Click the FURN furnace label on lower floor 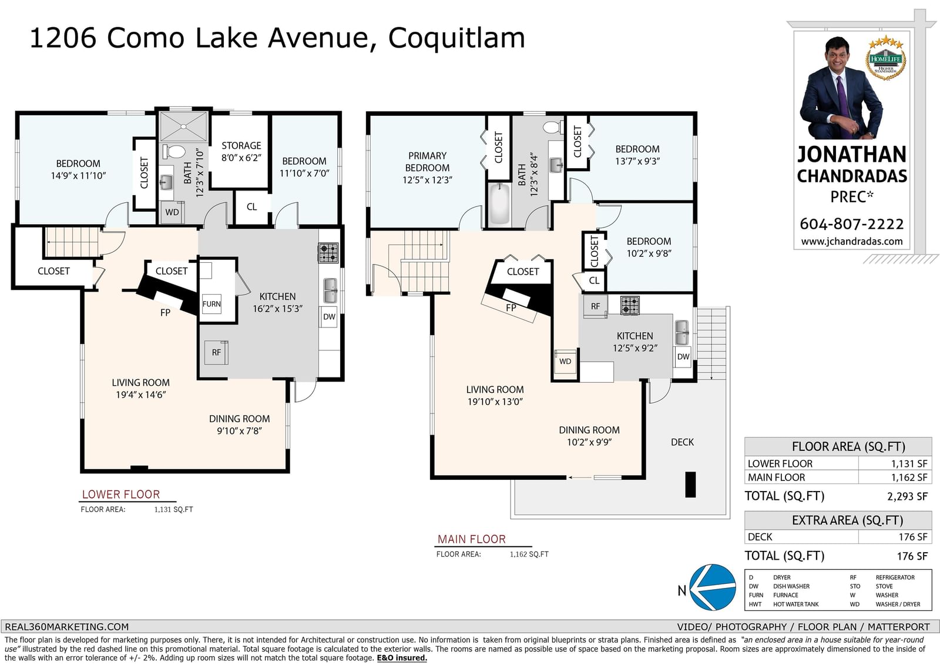[x=211, y=304]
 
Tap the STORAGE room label [x=241, y=145]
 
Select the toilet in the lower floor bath [x=174, y=151]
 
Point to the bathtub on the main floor [x=499, y=204]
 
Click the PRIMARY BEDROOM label [x=427, y=162]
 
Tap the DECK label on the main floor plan [x=682, y=442]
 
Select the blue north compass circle [x=713, y=587]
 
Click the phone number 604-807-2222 [x=851, y=224]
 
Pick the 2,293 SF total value [x=907, y=496]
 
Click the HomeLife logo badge [x=885, y=59]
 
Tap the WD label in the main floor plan [x=565, y=361]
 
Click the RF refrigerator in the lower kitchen [x=216, y=352]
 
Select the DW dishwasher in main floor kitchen [x=683, y=357]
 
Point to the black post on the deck [x=690, y=484]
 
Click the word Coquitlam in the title [x=456, y=38]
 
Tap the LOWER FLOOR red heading [x=121, y=494]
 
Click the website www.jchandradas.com [x=852, y=242]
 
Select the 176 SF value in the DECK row [x=913, y=537]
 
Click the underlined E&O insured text [x=402, y=658]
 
